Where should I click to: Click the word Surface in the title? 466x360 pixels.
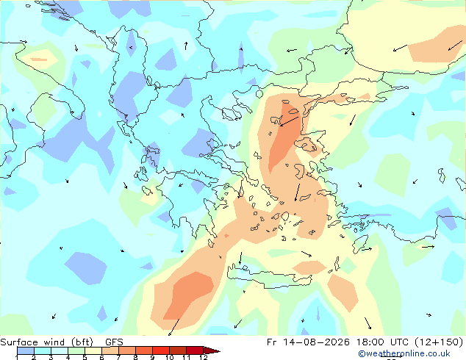coord(19,342)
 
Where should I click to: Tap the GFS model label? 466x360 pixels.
coord(114,342)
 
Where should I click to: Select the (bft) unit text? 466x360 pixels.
coord(82,342)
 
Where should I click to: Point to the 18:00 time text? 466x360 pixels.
coord(370,342)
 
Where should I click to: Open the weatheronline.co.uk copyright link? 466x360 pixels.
coord(404,353)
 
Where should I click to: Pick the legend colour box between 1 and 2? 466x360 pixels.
coord(26,350)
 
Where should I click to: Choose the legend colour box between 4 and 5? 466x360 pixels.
coord(76,350)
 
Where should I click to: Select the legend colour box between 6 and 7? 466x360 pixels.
coord(110,350)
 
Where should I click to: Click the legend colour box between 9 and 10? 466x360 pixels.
coord(161,350)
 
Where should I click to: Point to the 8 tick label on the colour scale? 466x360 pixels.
coord(135,357)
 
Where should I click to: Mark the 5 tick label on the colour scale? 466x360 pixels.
coord(85,357)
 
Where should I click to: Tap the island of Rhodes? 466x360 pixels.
coord(360,244)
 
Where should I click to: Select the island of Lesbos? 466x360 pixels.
coord(307,145)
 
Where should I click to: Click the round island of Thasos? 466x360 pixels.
coord(259,94)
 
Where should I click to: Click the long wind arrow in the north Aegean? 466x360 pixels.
coord(290,121)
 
